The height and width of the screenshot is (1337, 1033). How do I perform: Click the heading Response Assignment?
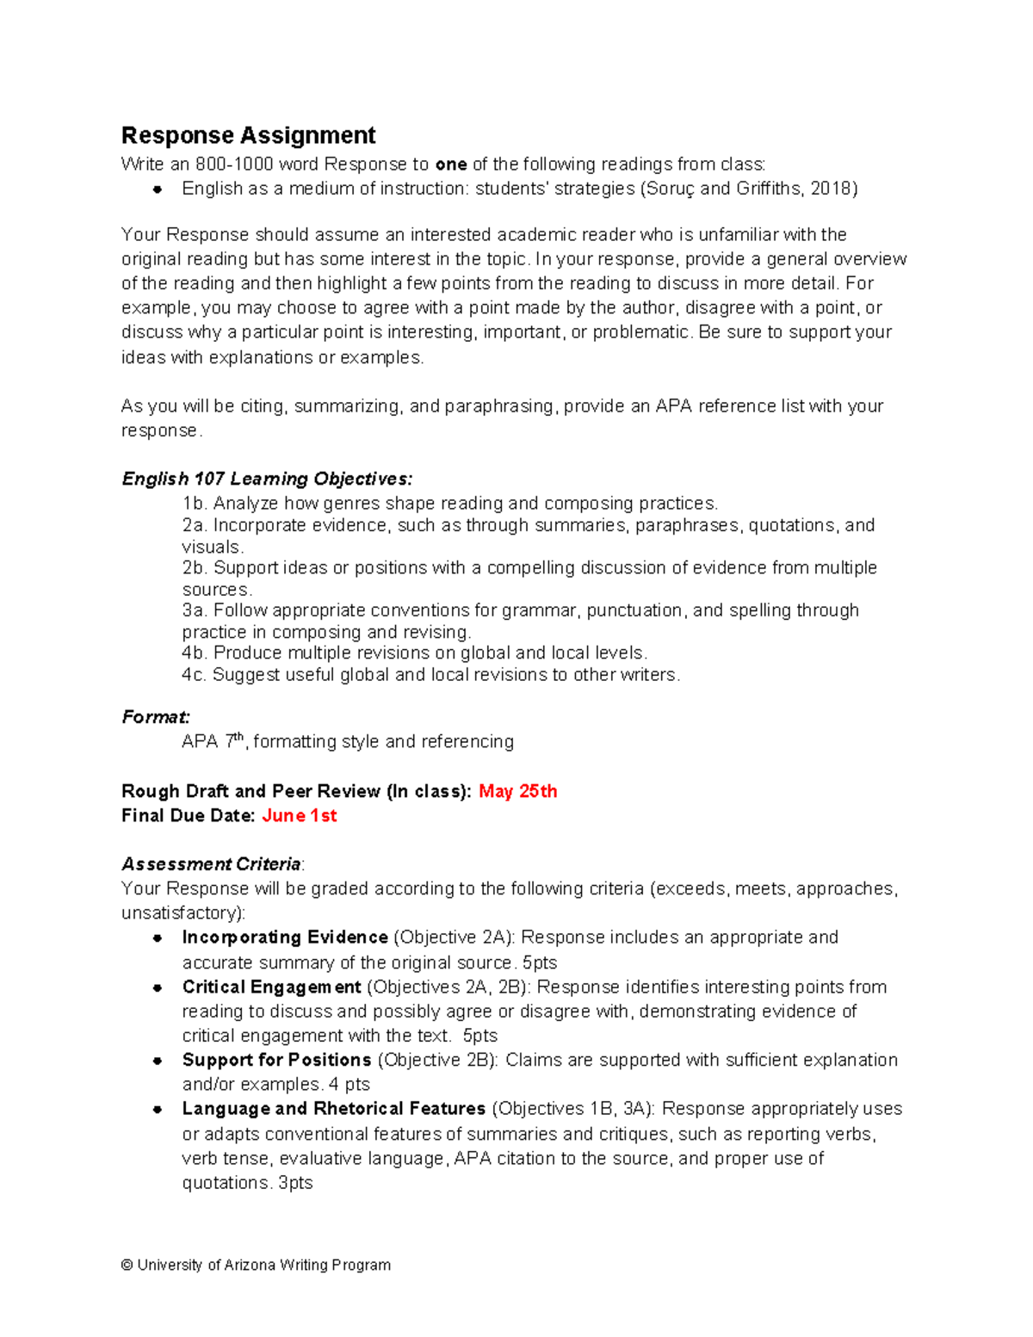point(248,135)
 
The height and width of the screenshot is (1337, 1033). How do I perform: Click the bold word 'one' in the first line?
point(451,164)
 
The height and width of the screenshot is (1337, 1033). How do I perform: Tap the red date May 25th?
point(517,791)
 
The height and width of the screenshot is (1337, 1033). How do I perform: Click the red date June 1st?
point(299,815)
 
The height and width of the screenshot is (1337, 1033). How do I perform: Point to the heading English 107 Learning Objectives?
point(267,479)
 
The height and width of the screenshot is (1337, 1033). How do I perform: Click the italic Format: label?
point(156,717)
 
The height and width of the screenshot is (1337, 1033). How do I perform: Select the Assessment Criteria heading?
point(211,863)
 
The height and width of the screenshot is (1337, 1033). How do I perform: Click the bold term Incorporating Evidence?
point(285,937)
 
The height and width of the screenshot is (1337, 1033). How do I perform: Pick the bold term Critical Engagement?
point(271,987)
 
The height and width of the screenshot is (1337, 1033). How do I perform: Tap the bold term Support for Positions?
point(276,1060)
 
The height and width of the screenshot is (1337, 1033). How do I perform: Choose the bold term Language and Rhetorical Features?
point(334,1108)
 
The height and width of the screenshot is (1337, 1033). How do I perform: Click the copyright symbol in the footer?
point(127,1265)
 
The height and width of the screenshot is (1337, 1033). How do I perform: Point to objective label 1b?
point(195,504)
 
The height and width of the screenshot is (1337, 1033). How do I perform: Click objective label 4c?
point(195,675)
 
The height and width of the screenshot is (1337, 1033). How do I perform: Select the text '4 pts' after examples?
point(349,1084)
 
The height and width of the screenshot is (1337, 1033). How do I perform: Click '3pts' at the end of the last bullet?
point(295,1183)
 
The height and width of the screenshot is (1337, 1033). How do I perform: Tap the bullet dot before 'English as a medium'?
point(158,189)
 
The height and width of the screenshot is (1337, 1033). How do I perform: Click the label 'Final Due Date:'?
point(188,815)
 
